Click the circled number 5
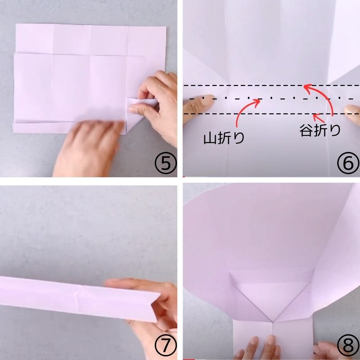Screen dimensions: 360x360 [x=166, y=163]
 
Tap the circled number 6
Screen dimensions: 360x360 [x=348, y=163]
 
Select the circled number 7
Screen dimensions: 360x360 [x=166, y=345]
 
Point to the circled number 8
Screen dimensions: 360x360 [x=348, y=345]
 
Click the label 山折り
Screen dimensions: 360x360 [x=224, y=139]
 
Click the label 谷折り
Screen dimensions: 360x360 [x=320, y=130]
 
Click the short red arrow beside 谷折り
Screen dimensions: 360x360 [x=319, y=118]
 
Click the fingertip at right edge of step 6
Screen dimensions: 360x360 [x=352, y=114]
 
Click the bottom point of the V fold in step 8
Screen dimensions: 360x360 [x=273, y=322]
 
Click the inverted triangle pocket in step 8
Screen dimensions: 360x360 [x=272, y=298]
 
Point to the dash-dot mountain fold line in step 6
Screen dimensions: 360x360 [x=271, y=99]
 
